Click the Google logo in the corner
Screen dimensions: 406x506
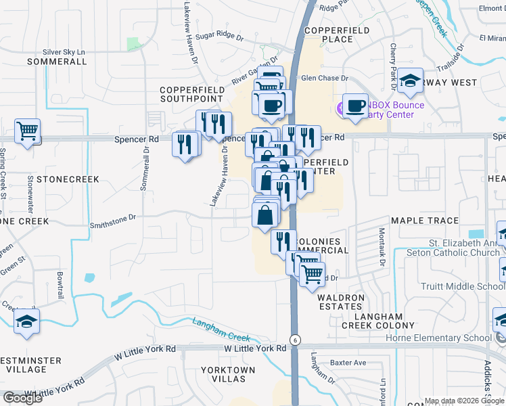tap(22, 398)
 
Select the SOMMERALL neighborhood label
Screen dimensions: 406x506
tap(57, 62)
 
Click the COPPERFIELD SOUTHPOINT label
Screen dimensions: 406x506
tap(191, 94)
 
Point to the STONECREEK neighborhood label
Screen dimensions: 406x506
tap(68, 179)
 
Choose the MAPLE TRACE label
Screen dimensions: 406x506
tap(425, 221)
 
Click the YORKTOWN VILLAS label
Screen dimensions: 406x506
tap(228, 374)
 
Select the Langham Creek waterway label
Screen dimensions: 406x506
tap(221, 329)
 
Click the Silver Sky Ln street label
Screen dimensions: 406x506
tap(65, 51)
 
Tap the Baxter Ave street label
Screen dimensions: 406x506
tap(348, 363)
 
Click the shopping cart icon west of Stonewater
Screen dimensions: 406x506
tap(27, 131)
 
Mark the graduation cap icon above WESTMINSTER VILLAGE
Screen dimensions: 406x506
tap(26, 321)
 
